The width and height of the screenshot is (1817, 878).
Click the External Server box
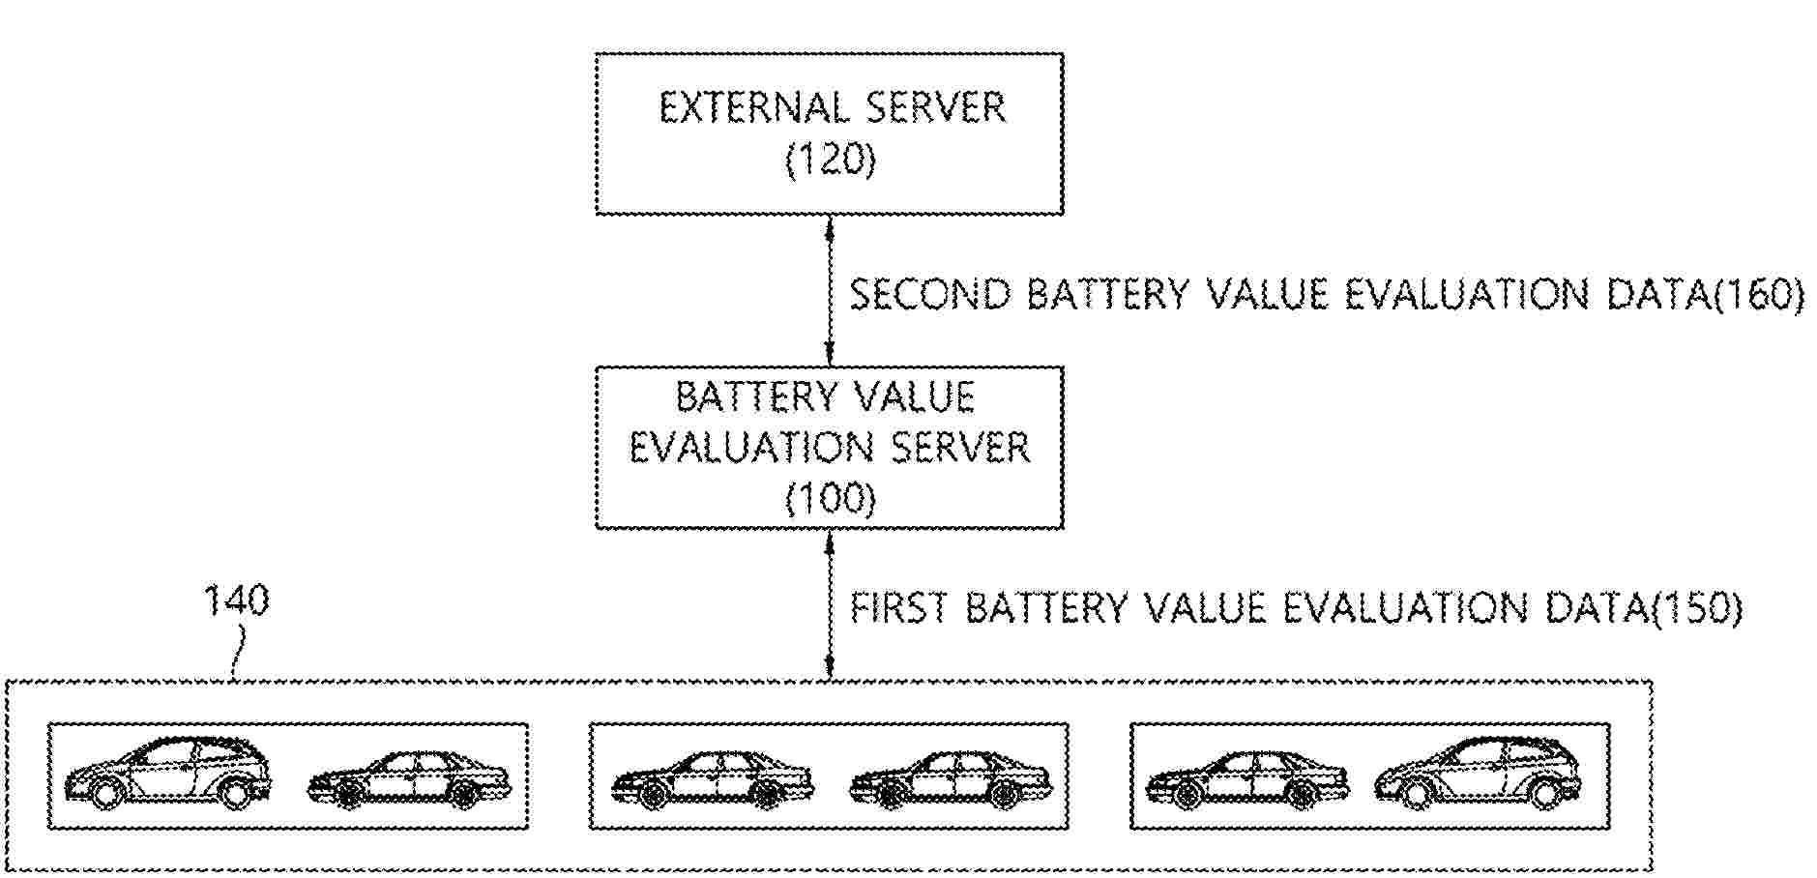829,132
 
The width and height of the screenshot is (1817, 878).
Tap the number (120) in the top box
831,161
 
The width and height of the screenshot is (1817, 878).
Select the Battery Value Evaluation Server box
829,447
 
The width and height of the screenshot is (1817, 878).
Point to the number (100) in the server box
831,500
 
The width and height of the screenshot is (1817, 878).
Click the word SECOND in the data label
930,295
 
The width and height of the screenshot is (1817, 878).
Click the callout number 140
235,600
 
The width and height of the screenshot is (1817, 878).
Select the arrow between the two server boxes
830,290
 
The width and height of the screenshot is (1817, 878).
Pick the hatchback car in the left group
168,774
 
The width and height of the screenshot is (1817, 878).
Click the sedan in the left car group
408,780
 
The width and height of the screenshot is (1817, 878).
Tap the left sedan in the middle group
712,780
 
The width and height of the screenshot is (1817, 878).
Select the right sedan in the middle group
951,780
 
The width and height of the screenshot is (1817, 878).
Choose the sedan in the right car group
1247,780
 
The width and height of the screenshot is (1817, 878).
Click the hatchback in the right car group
1477,774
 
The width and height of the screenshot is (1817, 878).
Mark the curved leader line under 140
238,653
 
